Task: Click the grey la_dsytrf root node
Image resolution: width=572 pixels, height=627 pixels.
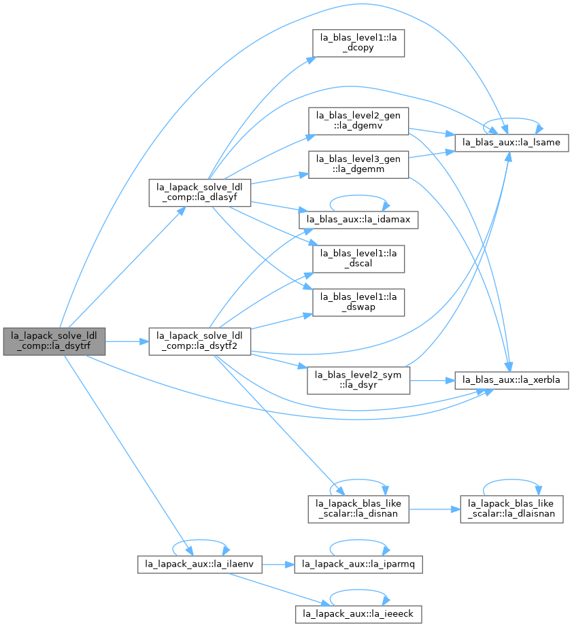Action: tap(54, 341)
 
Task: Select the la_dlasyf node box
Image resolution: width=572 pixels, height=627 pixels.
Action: tap(199, 192)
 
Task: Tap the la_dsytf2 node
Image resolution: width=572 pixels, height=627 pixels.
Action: tap(199, 341)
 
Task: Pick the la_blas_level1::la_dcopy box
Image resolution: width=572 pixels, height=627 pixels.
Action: tap(358, 44)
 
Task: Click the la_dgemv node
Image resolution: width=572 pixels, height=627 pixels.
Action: tap(358, 121)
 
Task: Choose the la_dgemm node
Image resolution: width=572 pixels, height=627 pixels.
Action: tap(358, 165)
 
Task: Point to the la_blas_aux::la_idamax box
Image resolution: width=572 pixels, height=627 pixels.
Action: tap(358, 220)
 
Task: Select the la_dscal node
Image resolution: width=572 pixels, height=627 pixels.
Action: tap(358, 259)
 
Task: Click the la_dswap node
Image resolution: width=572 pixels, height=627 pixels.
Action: tap(358, 303)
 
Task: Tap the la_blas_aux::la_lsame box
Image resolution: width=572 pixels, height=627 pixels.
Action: tap(511, 143)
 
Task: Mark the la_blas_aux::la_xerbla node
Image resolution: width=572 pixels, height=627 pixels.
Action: tap(511, 380)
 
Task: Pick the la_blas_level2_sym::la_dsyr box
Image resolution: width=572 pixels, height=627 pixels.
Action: tap(358, 380)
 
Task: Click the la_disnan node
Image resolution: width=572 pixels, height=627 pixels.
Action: tap(358, 509)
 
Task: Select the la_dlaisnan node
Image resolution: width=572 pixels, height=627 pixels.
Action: tap(511, 509)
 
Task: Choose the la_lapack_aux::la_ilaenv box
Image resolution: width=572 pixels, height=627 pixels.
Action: tap(199, 564)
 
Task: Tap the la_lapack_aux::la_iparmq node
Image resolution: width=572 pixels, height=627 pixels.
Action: tap(358, 564)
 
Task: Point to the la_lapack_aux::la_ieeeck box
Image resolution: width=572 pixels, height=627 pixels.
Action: tap(358, 614)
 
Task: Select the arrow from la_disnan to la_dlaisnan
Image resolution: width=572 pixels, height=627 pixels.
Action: tap(435, 509)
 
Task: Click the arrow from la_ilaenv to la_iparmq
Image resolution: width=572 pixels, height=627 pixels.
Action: tap(278, 564)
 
